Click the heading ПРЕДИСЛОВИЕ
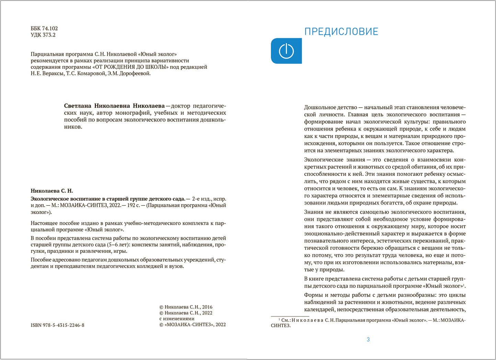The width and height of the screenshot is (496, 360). point(341,32)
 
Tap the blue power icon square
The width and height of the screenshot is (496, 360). point(286,51)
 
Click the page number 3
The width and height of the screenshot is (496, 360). point(368,339)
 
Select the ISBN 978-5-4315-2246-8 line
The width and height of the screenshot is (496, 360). point(57,325)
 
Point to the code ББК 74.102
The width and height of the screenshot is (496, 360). point(44,29)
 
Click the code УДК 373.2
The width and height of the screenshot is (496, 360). point(43,35)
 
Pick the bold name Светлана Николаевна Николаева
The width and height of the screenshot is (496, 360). point(114,106)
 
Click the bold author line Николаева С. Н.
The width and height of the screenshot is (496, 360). point(52,191)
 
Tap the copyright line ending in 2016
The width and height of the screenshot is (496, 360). point(186,307)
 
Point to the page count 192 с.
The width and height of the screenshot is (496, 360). point(135,205)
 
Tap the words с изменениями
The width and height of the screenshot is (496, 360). point(177,318)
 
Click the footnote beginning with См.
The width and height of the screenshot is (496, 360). point(367,320)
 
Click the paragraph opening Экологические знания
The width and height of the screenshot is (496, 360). point(334,160)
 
